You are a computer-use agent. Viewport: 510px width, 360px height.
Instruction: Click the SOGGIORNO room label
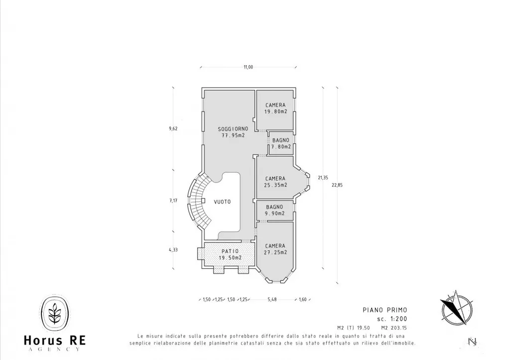pyautogui.click(x=233, y=129)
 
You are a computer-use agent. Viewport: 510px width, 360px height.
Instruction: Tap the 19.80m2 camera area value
pyautogui.click(x=275, y=112)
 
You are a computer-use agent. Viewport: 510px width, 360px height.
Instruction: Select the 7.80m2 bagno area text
pyautogui.click(x=281, y=147)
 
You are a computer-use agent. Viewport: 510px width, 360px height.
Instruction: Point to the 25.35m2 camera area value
pyautogui.click(x=275, y=185)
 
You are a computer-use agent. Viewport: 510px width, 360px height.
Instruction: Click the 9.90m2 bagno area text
pyautogui.click(x=275, y=213)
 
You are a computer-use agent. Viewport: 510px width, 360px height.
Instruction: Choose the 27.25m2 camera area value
pyautogui.click(x=275, y=252)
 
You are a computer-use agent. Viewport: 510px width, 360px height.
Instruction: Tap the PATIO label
pyautogui.click(x=230, y=251)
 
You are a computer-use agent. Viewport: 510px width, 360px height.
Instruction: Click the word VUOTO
pyautogui.click(x=223, y=202)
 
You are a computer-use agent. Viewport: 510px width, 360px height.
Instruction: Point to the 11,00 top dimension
pyautogui.click(x=248, y=67)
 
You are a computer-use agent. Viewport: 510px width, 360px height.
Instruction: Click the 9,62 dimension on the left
pyautogui.click(x=173, y=128)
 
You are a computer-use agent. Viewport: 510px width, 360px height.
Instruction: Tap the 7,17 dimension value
pyautogui.click(x=173, y=201)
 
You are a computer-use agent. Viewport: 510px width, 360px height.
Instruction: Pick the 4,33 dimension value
pyautogui.click(x=173, y=250)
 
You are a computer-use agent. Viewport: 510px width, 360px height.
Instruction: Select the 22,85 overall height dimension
pyautogui.click(x=337, y=185)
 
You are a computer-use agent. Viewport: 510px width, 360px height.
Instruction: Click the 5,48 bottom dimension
pyautogui.click(x=272, y=299)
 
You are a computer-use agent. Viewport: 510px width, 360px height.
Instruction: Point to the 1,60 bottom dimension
pyautogui.click(x=302, y=299)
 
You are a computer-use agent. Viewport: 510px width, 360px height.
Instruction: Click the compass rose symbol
pyautogui.click(x=456, y=308)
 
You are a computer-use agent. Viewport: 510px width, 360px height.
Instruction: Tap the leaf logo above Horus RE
pyautogui.click(x=55, y=313)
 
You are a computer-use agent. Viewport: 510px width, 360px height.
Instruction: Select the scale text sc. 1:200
pyautogui.click(x=392, y=319)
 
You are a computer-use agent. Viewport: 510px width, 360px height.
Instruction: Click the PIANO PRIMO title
pyautogui.click(x=385, y=310)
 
